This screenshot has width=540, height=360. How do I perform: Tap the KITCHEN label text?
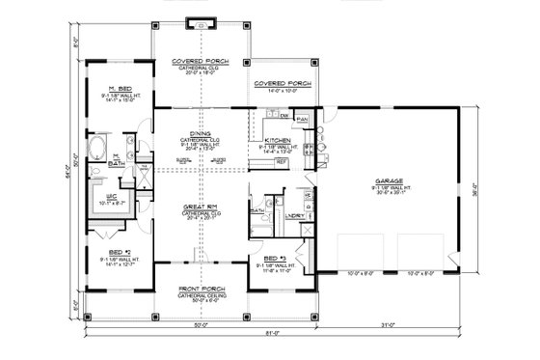tap(277, 141)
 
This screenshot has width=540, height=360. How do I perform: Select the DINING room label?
tap(199, 135)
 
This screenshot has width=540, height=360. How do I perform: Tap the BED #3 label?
tap(278, 258)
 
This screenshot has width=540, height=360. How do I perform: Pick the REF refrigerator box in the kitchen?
tap(282, 162)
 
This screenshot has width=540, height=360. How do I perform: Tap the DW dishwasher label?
tap(284, 116)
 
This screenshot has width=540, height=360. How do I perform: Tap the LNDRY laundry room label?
tap(294, 214)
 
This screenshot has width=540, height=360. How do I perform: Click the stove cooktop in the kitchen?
tap(308, 149)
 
